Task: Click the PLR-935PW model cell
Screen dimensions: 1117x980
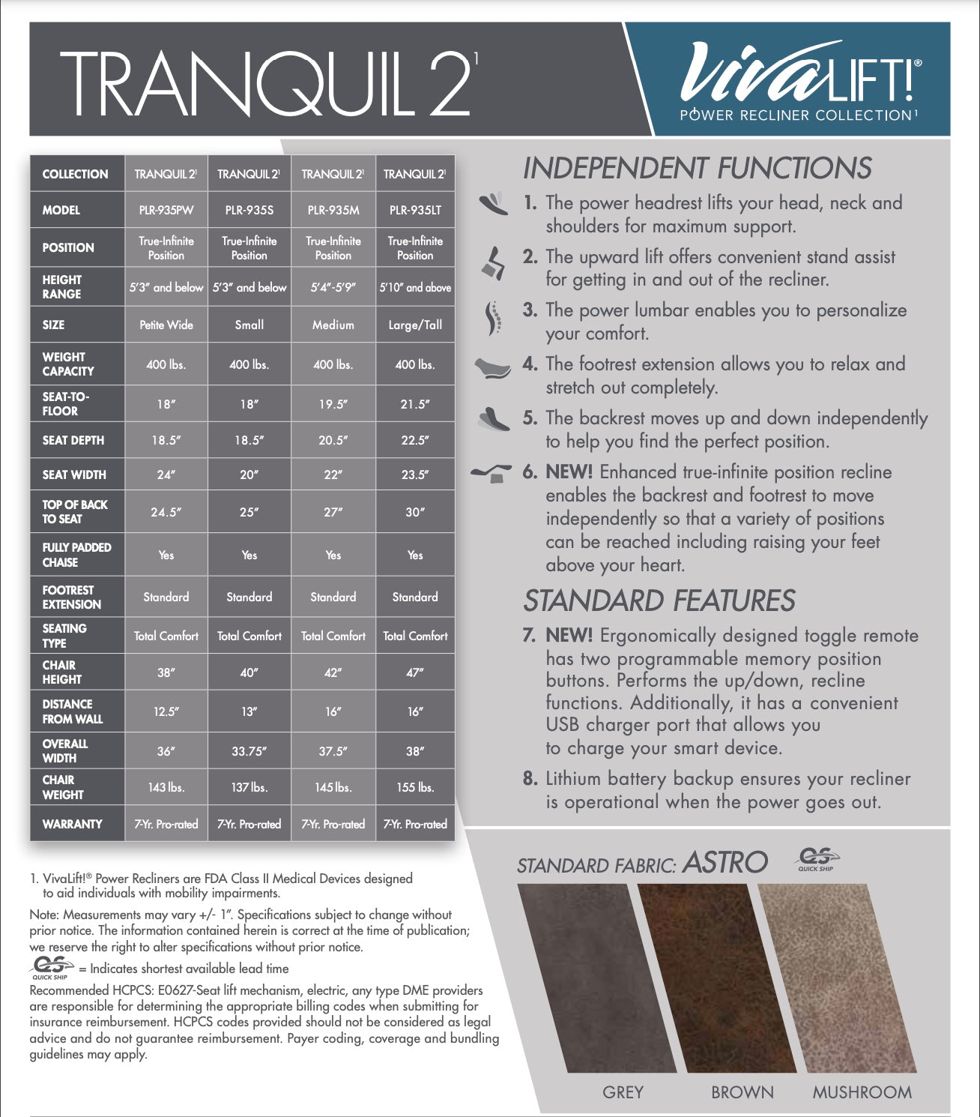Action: click(166, 211)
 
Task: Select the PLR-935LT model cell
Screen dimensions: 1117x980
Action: click(415, 211)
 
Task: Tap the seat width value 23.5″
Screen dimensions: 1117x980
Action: click(415, 475)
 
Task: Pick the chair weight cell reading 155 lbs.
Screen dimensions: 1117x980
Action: click(415, 787)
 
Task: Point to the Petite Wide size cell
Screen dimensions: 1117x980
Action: click(166, 325)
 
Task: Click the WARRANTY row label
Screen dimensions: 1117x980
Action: click(72, 824)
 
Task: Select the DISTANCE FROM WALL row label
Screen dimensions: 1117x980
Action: click(72, 711)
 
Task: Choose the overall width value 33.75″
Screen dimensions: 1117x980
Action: click(249, 751)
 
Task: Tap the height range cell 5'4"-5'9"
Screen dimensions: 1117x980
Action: click(333, 287)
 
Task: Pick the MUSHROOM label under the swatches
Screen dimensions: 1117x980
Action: click(862, 1092)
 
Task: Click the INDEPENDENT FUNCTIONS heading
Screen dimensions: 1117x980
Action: click(697, 168)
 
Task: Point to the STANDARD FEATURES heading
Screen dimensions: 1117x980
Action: click(659, 601)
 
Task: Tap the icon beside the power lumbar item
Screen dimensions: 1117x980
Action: click(491, 319)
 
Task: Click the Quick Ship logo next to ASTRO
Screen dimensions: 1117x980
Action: click(817, 859)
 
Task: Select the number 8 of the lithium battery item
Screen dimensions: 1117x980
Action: click(530, 778)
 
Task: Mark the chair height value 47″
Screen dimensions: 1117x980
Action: click(415, 672)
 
